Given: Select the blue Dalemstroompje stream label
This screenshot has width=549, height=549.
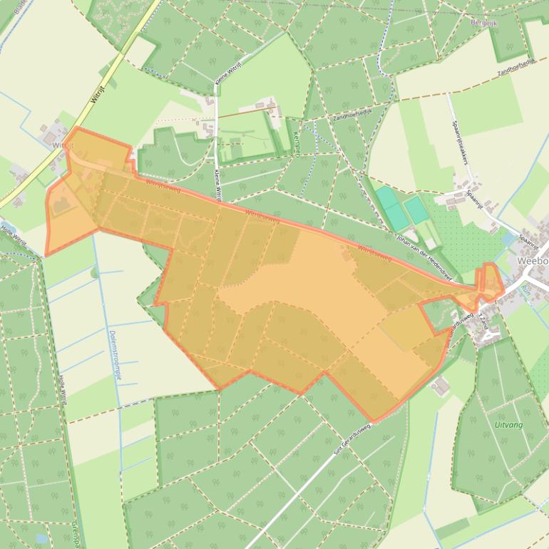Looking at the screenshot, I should coord(111,356).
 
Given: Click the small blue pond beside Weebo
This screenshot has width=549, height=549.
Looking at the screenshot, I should coord(508,240).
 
